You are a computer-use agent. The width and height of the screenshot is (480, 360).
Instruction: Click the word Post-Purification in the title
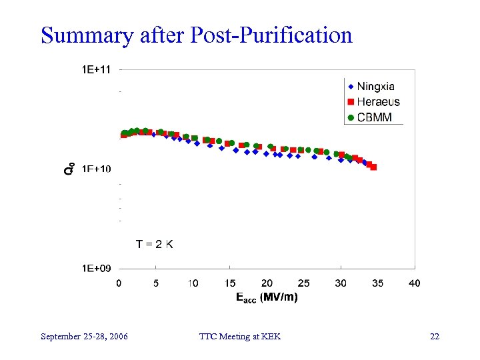(x=271, y=35)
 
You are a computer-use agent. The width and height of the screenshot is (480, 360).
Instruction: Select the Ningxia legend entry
(x=375, y=86)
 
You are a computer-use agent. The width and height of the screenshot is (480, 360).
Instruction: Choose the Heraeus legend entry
(x=377, y=102)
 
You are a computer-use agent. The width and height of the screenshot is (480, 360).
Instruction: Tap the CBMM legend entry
(x=374, y=117)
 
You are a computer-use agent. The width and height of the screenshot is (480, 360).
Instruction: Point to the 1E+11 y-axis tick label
(x=96, y=69)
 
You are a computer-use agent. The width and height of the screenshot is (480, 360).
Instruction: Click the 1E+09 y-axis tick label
(x=96, y=268)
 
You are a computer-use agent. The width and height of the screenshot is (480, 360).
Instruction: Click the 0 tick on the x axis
(x=119, y=283)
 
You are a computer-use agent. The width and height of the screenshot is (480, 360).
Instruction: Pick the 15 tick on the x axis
(x=229, y=283)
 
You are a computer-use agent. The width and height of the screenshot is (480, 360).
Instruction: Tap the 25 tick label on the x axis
(x=303, y=283)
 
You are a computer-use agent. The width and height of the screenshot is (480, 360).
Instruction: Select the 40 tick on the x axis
(x=414, y=283)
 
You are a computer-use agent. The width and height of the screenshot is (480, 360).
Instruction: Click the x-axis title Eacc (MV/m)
(x=267, y=297)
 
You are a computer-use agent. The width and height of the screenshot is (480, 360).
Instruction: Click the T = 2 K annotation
(x=155, y=244)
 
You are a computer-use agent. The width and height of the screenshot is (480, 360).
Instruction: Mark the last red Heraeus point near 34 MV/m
(x=373, y=167)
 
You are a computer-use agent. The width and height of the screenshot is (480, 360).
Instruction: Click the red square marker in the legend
(x=351, y=102)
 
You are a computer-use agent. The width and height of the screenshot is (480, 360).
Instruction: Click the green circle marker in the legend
(x=351, y=117)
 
